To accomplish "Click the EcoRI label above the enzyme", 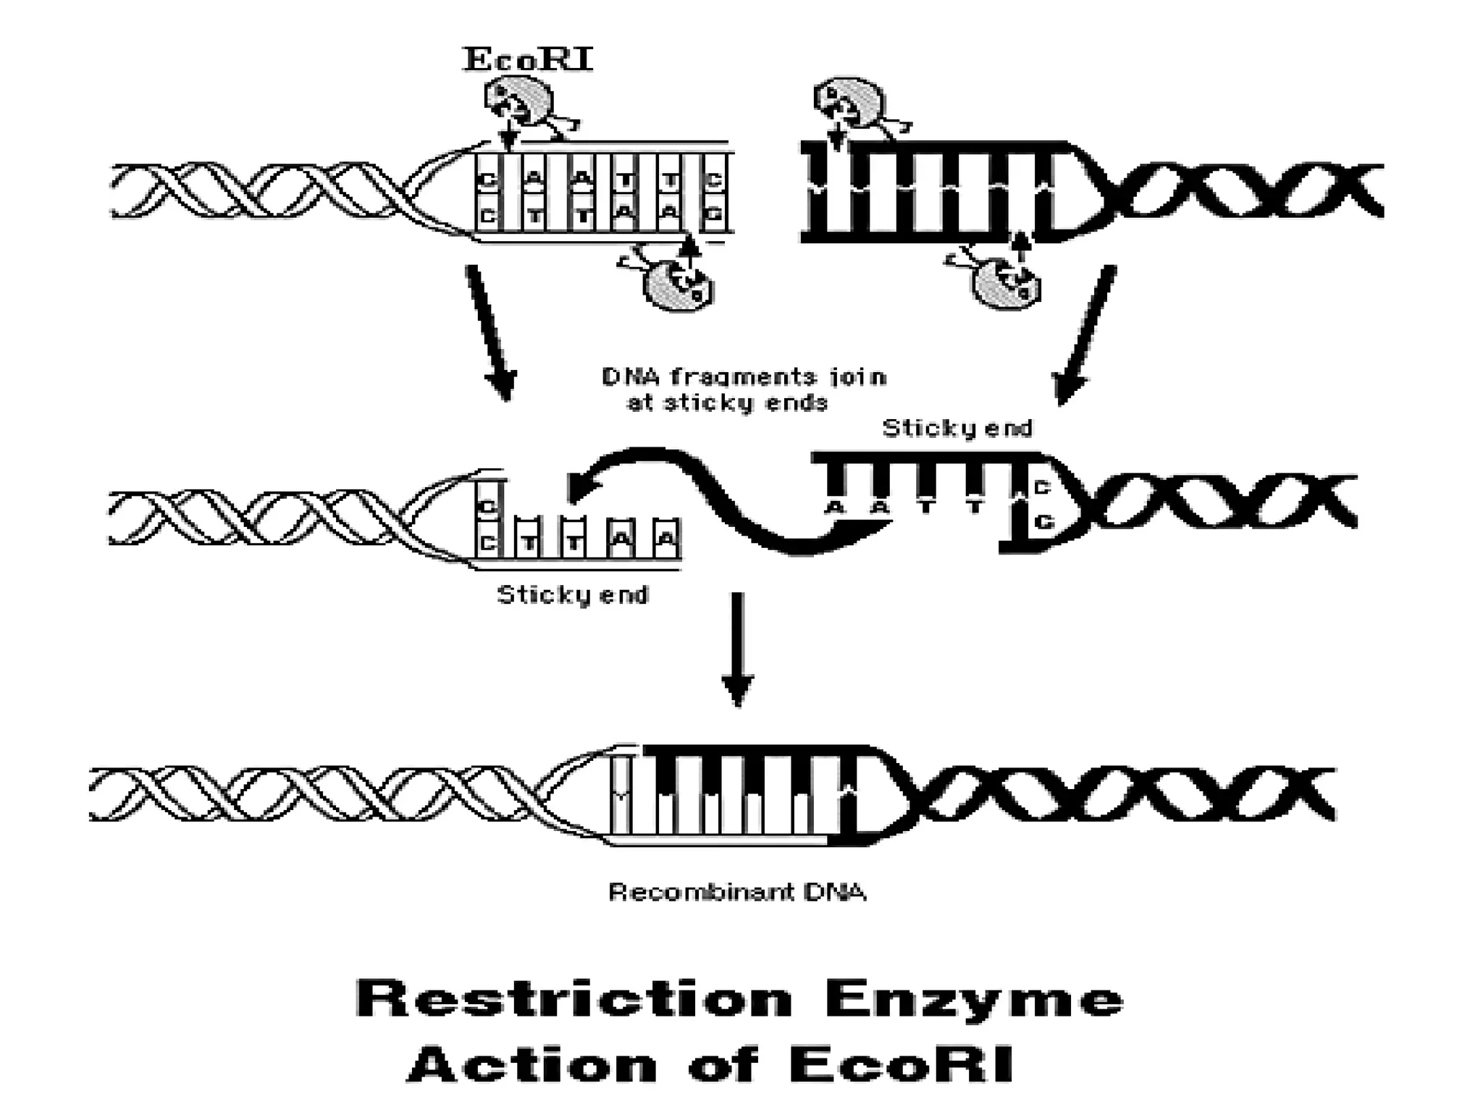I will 528,60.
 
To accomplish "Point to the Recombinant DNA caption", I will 737,892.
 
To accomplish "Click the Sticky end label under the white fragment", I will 572,595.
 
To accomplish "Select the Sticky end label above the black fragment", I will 957,429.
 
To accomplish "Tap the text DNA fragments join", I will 744,377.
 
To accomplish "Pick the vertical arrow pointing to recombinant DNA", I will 737,648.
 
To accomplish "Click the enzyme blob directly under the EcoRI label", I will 516,104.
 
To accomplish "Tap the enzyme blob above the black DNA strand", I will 848,103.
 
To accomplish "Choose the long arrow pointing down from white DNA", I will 490,332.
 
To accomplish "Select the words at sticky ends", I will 727,403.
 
